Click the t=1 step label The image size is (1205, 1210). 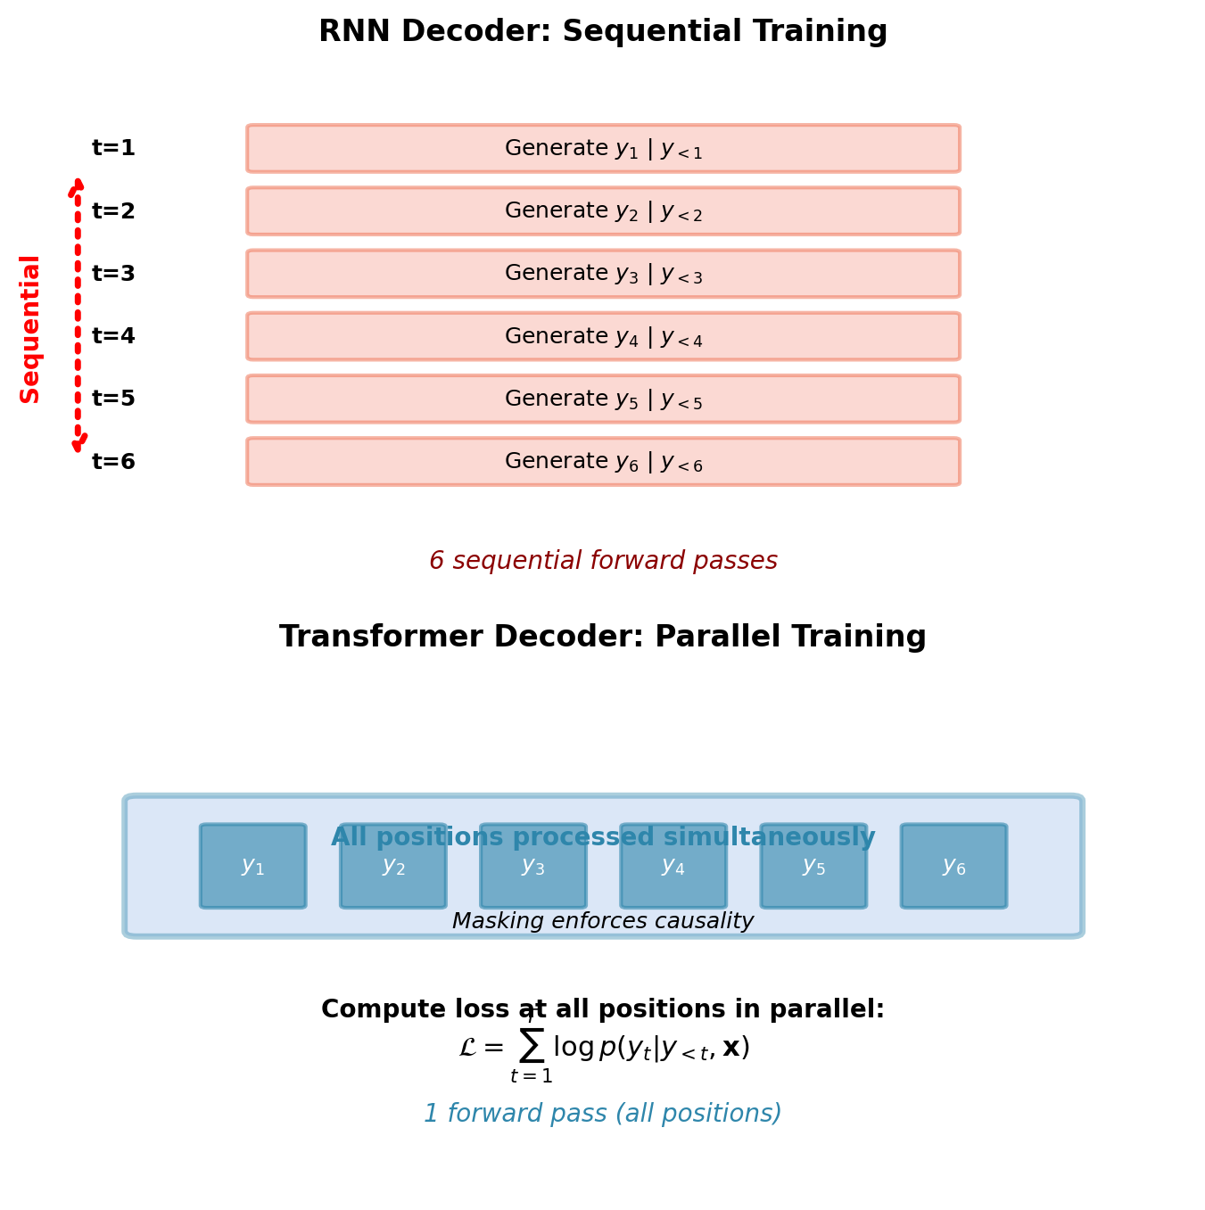click(113, 148)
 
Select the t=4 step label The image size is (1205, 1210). click(113, 336)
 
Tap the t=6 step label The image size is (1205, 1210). click(113, 462)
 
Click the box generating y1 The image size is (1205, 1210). click(603, 148)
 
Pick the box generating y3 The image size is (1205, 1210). click(603, 274)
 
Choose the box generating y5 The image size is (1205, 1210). click(603, 399)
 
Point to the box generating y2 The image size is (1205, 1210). click(603, 211)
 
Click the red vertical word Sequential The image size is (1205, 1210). click(30, 328)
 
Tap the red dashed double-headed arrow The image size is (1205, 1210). click(78, 314)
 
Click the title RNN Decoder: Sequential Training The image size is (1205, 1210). click(603, 32)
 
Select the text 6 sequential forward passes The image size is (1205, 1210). click(603, 561)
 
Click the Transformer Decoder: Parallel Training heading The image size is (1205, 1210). click(603, 637)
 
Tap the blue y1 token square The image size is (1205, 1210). click(253, 866)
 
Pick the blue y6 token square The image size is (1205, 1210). click(953, 866)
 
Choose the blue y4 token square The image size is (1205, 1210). click(673, 866)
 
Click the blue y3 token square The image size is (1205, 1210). click(533, 866)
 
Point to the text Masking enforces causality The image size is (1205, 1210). click(603, 921)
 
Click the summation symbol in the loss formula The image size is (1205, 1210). click(532, 1045)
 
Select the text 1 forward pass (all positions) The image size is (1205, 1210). click(603, 1114)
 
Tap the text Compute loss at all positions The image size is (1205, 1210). click(603, 1009)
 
